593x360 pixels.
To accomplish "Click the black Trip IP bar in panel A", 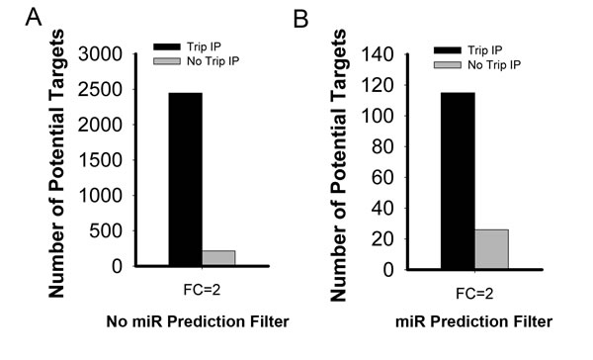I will pyautogui.click(x=186, y=179).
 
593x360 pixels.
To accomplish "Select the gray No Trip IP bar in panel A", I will pyautogui.click(x=218, y=258).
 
